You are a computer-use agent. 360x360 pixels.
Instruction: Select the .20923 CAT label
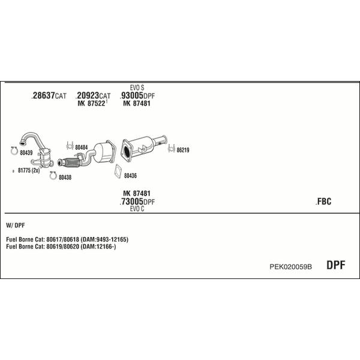click(x=93, y=96)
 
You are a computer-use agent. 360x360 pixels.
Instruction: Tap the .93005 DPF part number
click(x=137, y=96)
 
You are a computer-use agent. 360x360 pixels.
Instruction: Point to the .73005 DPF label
click(x=137, y=202)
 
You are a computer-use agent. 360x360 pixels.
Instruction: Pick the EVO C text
click(x=137, y=209)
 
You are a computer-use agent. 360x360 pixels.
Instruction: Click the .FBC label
click(x=323, y=202)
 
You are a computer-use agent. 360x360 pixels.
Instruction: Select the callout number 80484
click(x=81, y=147)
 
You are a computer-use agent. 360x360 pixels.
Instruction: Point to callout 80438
click(x=64, y=177)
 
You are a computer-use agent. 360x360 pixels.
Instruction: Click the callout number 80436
click(x=130, y=175)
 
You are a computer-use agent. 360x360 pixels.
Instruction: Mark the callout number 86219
click(x=182, y=150)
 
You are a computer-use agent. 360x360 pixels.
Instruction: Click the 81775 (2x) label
click(x=29, y=170)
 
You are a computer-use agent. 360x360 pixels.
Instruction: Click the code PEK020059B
click(x=291, y=266)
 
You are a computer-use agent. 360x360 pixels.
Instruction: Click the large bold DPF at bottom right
click(x=335, y=265)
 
